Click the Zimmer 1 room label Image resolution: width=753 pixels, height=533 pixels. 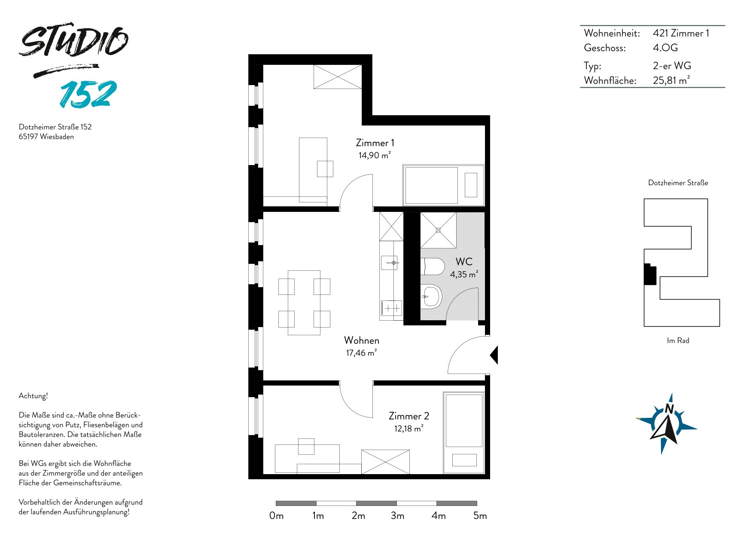(375, 143)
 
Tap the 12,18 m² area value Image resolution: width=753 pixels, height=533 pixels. (409, 429)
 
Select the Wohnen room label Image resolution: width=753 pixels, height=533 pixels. (362, 340)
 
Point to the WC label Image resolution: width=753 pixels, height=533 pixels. (464, 261)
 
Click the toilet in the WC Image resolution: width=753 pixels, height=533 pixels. (432, 266)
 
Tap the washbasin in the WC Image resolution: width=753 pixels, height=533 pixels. (431, 297)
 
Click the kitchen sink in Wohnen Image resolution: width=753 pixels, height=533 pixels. (390, 263)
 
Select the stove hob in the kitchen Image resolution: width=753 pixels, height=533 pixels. (391, 308)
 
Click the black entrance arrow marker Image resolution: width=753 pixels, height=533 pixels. (494, 355)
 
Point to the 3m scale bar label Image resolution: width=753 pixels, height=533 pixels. (397, 516)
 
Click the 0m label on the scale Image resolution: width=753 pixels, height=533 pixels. (276, 516)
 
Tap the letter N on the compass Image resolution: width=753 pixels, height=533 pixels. (669, 408)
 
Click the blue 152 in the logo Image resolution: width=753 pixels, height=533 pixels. (88, 94)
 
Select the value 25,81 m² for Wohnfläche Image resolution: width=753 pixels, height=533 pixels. (671, 80)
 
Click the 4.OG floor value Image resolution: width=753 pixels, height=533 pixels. (665, 48)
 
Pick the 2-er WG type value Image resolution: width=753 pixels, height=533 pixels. (672, 66)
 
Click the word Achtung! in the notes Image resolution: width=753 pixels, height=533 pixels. (33, 396)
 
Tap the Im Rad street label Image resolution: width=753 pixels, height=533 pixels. (678, 340)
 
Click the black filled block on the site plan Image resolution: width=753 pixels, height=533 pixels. (650, 274)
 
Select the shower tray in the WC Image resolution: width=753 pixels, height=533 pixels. (438, 230)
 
